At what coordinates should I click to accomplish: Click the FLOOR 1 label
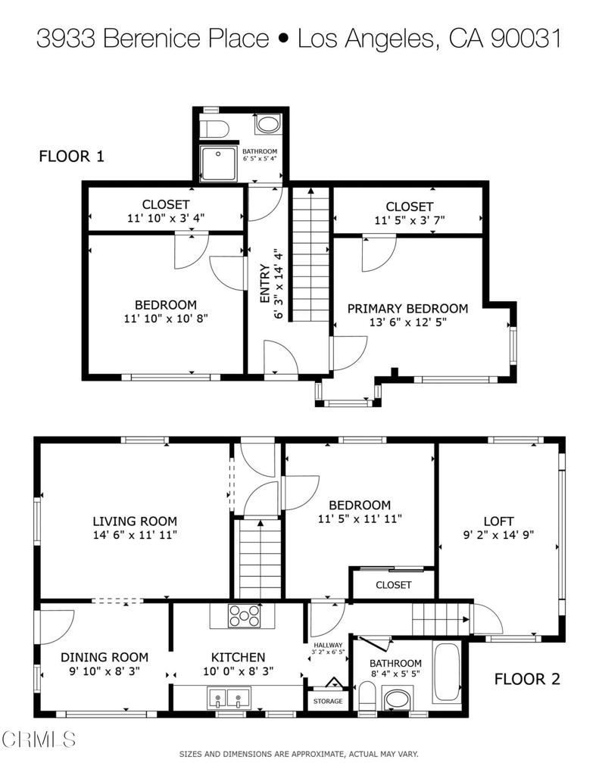tap(71, 157)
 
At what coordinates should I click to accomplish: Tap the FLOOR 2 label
tap(527, 679)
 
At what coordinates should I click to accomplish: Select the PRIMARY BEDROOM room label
tap(407, 309)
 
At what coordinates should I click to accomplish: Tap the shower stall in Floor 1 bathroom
tap(218, 164)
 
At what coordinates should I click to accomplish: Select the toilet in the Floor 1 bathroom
tap(213, 126)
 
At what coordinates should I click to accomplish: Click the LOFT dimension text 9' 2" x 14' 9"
tap(498, 534)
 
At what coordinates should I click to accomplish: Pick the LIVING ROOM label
tap(135, 521)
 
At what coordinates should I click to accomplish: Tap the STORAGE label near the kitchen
tap(328, 701)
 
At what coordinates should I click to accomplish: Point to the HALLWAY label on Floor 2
tap(327, 645)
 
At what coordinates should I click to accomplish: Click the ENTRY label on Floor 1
tap(265, 284)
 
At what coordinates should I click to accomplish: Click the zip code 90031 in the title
tap(523, 39)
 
